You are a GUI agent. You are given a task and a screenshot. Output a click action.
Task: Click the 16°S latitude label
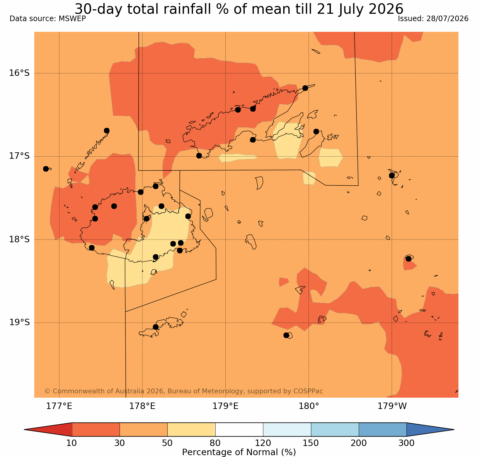19,73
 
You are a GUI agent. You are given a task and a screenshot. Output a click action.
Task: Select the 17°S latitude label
19,156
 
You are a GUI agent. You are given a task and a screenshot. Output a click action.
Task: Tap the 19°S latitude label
19,322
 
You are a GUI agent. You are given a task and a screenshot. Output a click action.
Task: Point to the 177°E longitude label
59,406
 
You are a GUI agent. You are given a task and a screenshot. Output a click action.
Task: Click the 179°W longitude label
392,406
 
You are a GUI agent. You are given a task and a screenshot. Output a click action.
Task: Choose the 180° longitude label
309,406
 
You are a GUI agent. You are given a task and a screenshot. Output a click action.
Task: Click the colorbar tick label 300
407,443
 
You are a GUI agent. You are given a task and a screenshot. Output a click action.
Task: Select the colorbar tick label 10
72,443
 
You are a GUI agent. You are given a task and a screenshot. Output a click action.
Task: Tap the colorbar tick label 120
263,443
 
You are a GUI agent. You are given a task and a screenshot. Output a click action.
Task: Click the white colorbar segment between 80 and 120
239,429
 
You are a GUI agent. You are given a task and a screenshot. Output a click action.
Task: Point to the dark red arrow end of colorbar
48,429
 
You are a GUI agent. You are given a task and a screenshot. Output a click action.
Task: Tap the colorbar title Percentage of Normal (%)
239,452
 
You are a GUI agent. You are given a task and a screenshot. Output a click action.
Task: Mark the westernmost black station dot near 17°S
46,169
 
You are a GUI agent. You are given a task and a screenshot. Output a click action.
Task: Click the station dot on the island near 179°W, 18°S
409,258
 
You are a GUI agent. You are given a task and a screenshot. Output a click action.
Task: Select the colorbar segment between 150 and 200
335,429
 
